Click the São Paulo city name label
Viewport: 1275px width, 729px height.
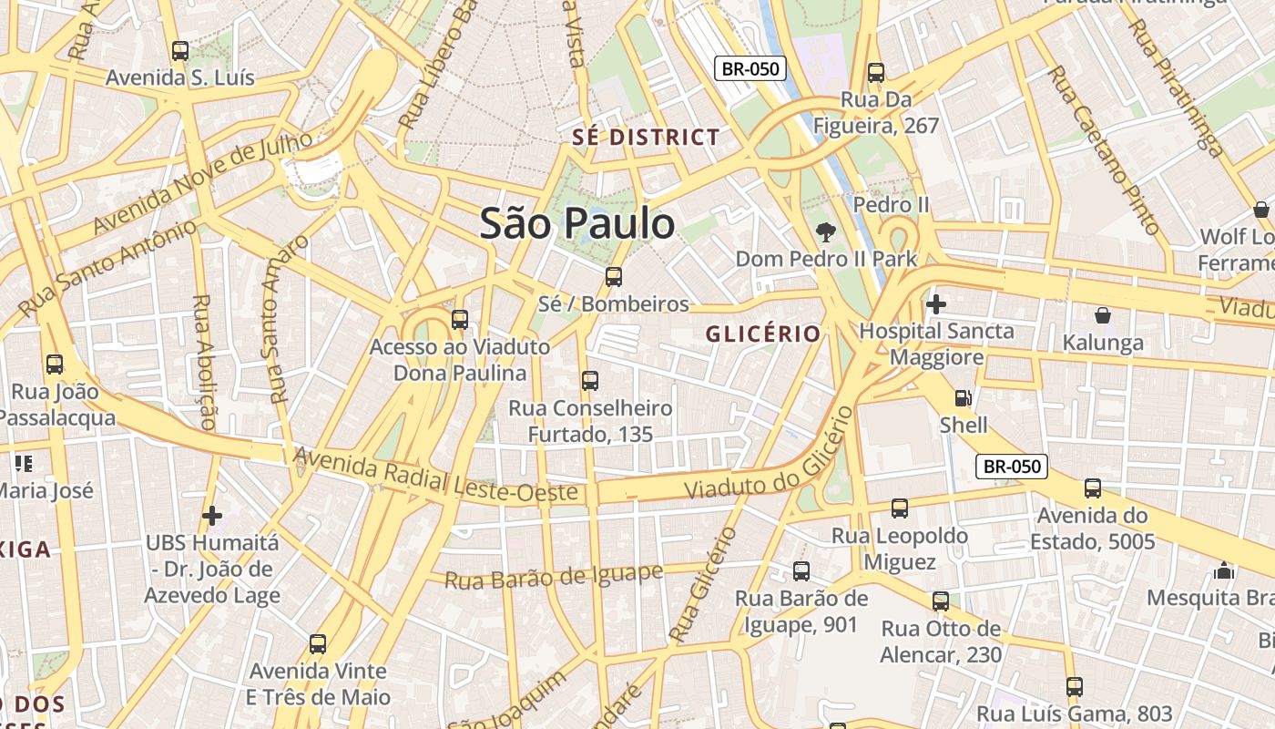coord(577,224)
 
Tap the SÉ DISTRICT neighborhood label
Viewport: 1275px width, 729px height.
coord(646,138)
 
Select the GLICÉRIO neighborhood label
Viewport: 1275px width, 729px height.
coord(763,334)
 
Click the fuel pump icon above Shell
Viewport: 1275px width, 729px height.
coord(963,398)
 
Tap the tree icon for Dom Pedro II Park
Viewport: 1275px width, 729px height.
coord(826,231)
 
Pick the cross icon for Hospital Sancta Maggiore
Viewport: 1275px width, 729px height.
coord(935,303)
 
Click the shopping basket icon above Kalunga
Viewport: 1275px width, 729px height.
coord(1102,316)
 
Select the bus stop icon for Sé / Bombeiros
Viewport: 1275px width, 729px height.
coord(614,276)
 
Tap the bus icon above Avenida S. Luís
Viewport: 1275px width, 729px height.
coord(180,51)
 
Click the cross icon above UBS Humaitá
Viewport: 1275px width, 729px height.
coord(212,516)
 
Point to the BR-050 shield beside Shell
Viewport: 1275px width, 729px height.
coord(1012,467)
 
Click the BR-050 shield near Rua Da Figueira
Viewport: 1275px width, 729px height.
coord(750,68)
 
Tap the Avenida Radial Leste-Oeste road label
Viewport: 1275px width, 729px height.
coord(435,475)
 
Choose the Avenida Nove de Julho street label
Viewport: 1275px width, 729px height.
coord(203,181)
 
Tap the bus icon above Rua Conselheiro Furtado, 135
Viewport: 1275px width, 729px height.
coord(590,380)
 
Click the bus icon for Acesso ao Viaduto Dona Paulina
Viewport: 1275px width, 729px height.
coord(460,319)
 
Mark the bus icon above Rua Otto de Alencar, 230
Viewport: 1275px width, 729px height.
coord(941,601)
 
